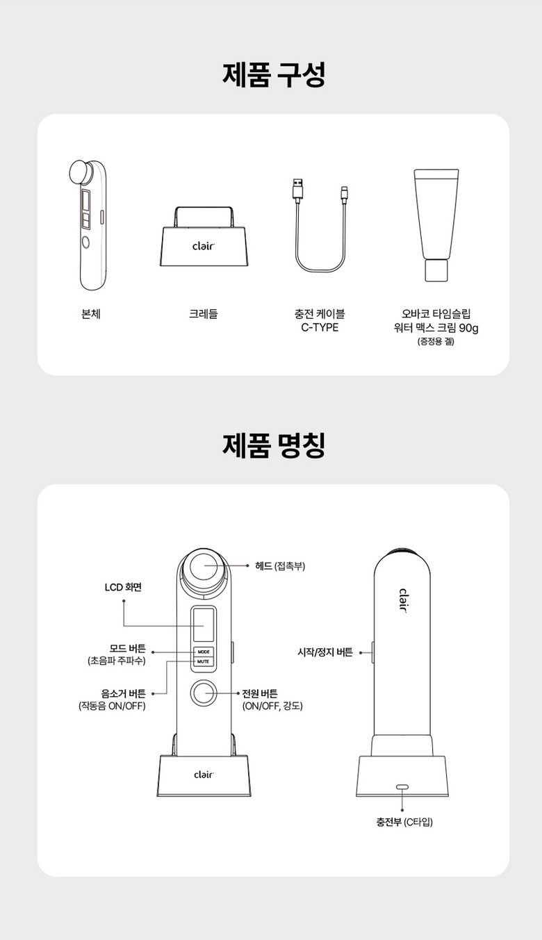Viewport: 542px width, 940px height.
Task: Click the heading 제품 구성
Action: coord(274,75)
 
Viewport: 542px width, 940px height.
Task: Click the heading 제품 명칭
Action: coord(274,445)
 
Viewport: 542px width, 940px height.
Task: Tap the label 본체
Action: coord(91,313)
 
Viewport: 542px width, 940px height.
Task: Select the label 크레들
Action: coord(204,313)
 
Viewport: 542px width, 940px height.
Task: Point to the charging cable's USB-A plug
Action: coord(297,190)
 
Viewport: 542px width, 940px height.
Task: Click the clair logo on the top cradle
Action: coord(204,245)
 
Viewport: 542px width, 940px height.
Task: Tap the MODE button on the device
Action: coord(204,652)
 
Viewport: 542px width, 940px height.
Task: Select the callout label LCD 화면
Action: coord(123,587)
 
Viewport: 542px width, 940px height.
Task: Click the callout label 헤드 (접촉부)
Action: coord(280,566)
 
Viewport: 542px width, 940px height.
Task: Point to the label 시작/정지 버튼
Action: coord(325,652)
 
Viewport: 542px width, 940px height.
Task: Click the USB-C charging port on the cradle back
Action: coord(402,787)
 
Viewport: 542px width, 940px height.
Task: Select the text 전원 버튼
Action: coord(260,693)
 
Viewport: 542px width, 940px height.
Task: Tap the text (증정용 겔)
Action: coord(436,341)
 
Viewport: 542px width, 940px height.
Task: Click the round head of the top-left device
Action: coord(81,172)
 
